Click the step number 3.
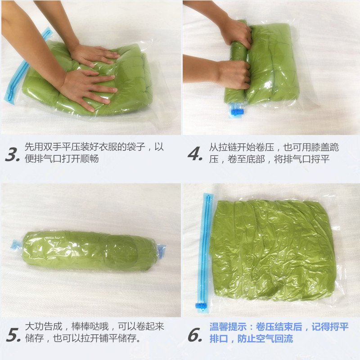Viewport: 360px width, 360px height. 13,154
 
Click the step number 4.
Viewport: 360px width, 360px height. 194,154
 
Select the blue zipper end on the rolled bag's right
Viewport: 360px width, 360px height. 161,249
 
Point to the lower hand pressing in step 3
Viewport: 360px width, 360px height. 88,88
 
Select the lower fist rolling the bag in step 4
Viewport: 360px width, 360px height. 234,74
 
